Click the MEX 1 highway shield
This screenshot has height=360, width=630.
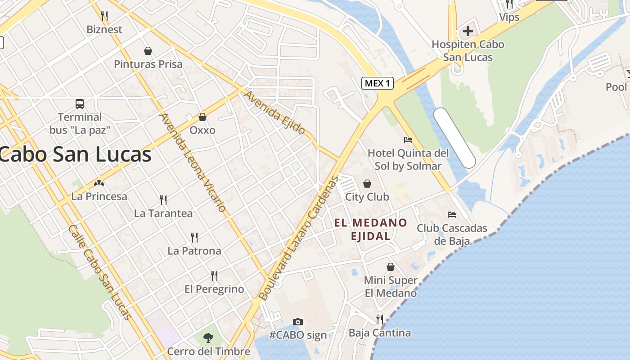(378, 83)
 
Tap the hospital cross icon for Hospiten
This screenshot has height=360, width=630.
(468, 31)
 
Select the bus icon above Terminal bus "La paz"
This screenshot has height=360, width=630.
(80, 104)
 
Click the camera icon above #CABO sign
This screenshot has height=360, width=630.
(297, 322)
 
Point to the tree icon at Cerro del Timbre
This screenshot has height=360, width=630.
(208, 337)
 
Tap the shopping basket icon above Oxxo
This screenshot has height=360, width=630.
(202, 117)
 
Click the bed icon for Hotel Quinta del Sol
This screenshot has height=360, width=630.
(408, 139)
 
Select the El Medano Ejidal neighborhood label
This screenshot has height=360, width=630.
(370, 229)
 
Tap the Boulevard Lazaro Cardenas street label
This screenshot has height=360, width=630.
(298, 238)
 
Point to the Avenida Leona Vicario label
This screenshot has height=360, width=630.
(192, 162)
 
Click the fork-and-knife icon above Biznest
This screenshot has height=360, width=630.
(104, 16)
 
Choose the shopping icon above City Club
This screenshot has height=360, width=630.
(367, 184)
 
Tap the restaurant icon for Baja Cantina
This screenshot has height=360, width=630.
(380, 319)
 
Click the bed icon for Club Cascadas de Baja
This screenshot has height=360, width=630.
(452, 215)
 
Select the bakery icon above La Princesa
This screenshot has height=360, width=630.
(99, 183)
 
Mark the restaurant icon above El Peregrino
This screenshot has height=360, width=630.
(214, 275)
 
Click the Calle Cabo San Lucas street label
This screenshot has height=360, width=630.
(99, 273)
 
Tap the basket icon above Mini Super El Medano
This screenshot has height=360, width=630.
(390, 267)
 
